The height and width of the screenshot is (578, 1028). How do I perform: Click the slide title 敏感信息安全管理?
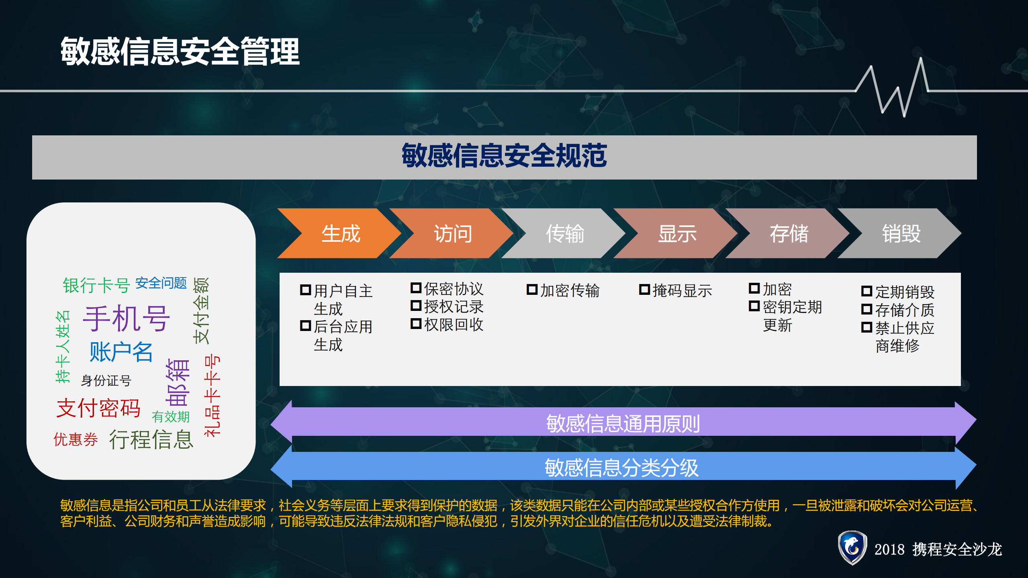click(x=180, y=51)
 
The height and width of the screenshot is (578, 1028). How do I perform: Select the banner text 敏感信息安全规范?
click(x=504, y=156)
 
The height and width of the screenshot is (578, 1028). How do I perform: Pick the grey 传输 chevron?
click(x=565, y=233)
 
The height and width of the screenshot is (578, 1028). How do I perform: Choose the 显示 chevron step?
click(x=677, y=233)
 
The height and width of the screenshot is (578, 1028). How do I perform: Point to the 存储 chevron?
click(x=789, y=233)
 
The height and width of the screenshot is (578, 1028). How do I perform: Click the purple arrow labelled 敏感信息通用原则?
click(x=623, y=423)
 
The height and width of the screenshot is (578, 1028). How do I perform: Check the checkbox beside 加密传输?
click(x=532, y=289)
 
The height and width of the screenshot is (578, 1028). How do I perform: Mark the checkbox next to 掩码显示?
click(x=644, y=289)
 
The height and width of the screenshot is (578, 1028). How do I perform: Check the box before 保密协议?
click(x=416, y=288)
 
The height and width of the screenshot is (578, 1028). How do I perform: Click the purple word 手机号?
click(x=127, y=318)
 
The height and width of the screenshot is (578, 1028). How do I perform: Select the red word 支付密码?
click(x=98, y=408)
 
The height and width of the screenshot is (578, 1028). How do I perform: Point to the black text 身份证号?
click(x=106, y=380)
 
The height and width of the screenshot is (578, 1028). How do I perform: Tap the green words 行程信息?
click(x=151, y=439)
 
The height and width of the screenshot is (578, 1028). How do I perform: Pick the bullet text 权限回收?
click(x=454, y=325)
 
